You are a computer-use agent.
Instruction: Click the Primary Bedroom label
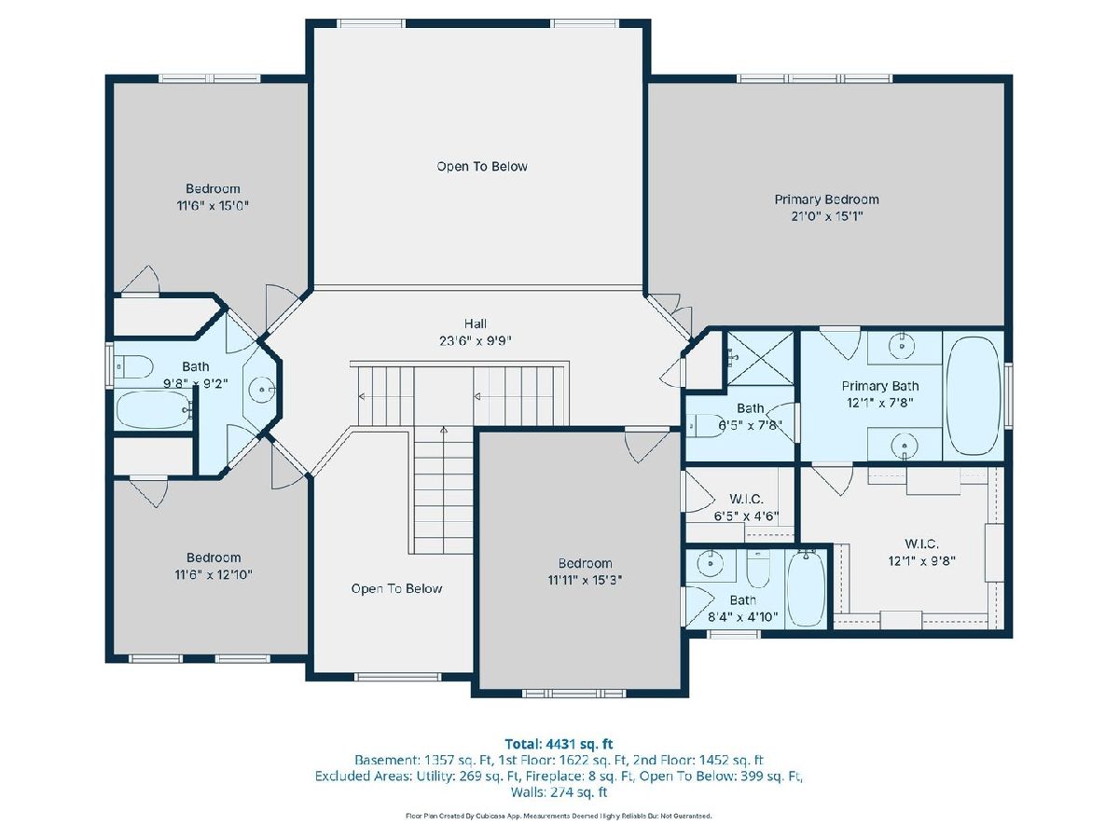coord(826,199)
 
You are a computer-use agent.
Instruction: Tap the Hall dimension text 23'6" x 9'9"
coord(475,341)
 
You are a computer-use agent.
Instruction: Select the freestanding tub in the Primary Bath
coord(973,396)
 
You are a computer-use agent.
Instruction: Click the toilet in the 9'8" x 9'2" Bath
coord(133,366)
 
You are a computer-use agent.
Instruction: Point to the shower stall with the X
coord(760,358)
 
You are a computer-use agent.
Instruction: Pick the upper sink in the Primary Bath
coord(902,346)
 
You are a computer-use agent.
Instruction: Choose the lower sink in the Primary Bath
coord(904,447)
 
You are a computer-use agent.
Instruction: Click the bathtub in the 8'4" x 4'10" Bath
coord(806,588)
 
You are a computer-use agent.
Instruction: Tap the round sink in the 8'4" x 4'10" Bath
coord(711,563)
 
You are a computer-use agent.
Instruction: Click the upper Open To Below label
coord(482,167)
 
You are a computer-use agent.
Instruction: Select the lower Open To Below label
coord(396,588)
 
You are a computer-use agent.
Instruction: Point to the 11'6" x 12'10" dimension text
coord(214,574)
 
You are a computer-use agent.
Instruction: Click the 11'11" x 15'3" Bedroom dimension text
coord(585,580)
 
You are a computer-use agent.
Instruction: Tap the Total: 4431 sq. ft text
coord(559,744)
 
